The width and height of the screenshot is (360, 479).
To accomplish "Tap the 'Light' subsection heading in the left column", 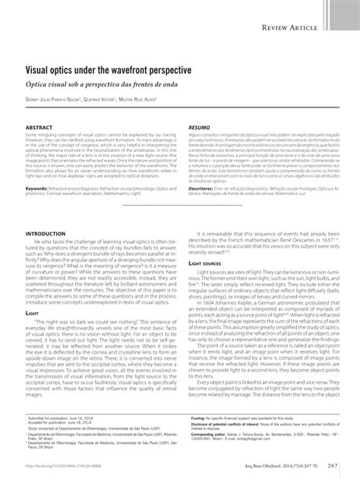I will [x=33, y=312].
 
